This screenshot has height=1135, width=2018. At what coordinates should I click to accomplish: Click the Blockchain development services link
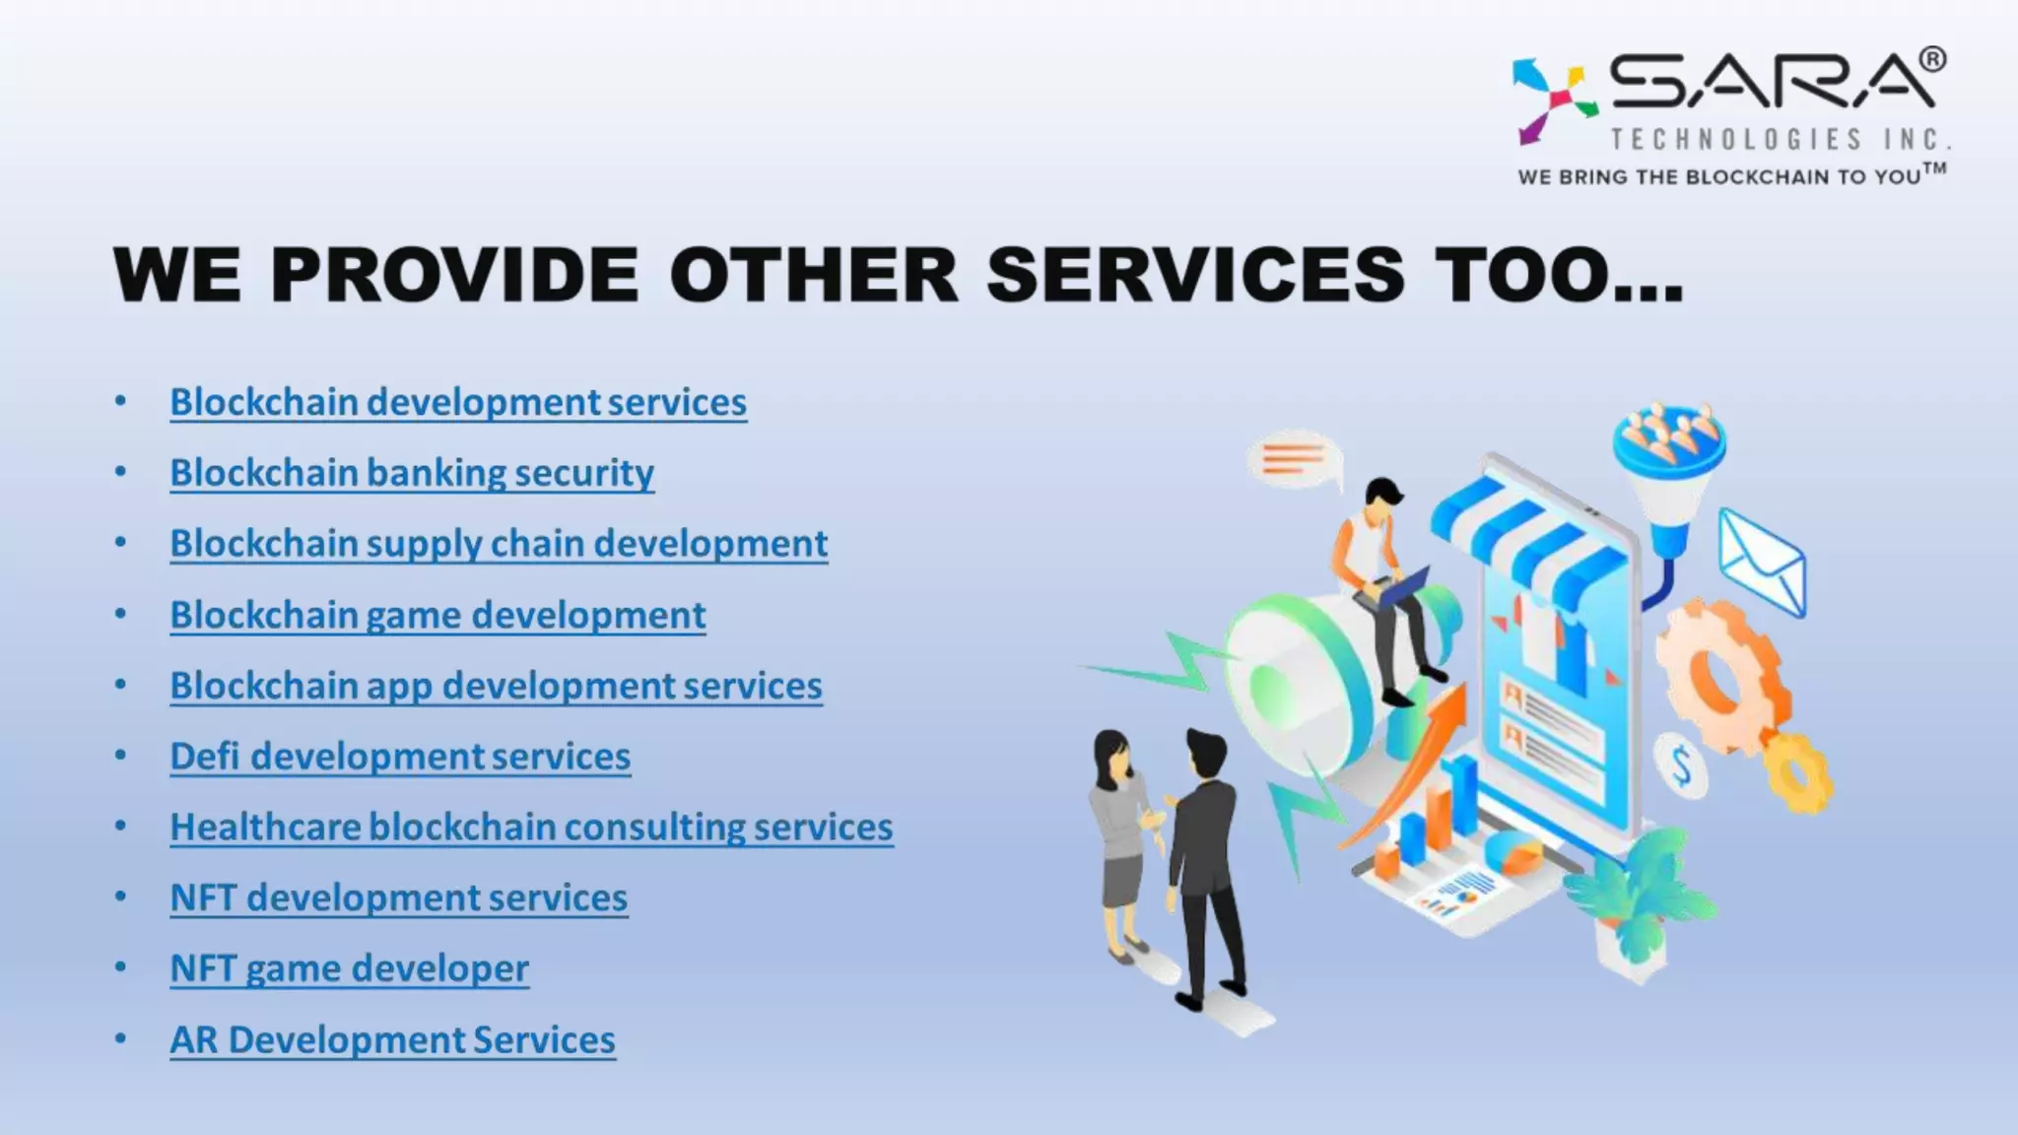click(x=458, y=402)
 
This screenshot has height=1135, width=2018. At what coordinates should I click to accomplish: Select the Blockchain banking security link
click(x=412, y=473)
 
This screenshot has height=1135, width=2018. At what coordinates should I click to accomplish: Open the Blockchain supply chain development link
click(x=499, y=544)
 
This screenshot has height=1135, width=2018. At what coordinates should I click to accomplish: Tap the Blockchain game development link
click(x=437, y=615)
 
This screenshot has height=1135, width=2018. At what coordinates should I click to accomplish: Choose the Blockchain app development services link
click(x=496, y=686)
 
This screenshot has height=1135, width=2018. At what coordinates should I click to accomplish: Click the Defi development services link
click(x=400, y=757)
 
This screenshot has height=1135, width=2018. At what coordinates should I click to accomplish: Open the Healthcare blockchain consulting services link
click(x=531, y=828)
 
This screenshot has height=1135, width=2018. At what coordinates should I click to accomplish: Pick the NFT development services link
click(x=398, y=898)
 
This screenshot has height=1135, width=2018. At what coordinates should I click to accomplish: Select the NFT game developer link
click(x=349, y=968)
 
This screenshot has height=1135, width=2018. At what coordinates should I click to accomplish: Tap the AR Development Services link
click(x=392, y=1040)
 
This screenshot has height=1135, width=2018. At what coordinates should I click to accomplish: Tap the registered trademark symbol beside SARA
click(x=1932, y=60)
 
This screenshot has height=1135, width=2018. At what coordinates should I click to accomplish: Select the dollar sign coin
click(x=1681, y=765)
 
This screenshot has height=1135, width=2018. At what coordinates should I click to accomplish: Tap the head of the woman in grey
click(x=1112, y=754)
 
